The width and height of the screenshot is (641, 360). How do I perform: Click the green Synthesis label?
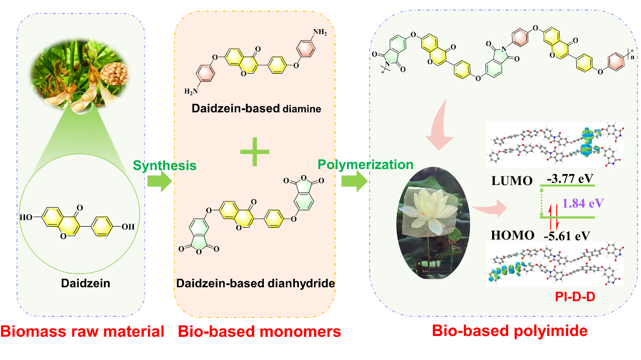[164, 165]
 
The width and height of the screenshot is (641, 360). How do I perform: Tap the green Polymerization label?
[366, 164]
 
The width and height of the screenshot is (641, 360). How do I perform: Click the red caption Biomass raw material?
[82, 331]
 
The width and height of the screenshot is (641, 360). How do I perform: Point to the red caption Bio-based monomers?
[259, 331]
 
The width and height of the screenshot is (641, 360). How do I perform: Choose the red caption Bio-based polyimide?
[510, 331]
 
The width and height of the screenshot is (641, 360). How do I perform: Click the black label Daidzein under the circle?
[85, 284]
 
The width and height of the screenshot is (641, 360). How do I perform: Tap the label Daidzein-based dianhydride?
[255, 283]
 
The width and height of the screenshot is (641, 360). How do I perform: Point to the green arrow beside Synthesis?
[159, 182]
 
